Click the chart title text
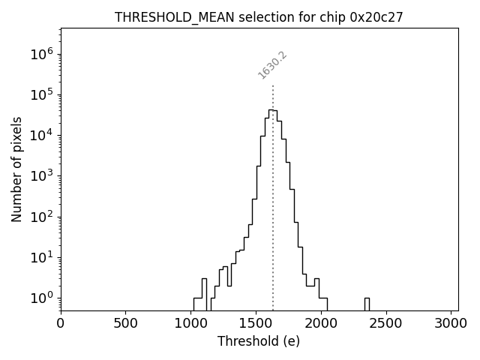(259, 17)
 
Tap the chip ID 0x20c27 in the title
(376, 17)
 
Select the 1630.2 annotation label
(273, 65)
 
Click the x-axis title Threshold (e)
(259, 341)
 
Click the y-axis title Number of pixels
(16, 169)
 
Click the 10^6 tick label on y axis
(41, 54)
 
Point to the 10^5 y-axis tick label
(41, 94)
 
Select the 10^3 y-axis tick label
(41, 176)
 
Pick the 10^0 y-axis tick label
(41, 298)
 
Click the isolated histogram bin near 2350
(367, 303)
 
